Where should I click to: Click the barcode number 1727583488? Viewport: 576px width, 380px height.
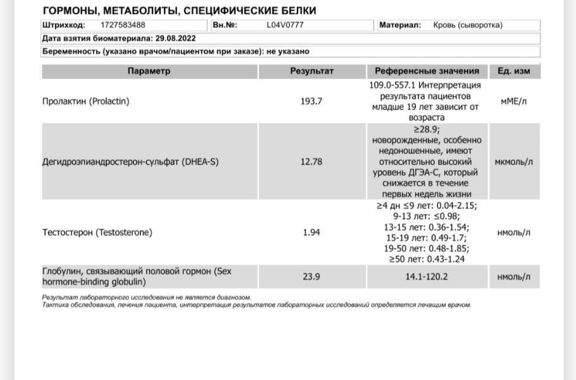click(x=123, y=25)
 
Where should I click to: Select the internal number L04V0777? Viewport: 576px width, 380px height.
click(x=285, y=25)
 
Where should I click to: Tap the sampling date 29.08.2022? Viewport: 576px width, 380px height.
click(x=175, y=38)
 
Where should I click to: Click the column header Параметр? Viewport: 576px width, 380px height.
click(x=149, y=71)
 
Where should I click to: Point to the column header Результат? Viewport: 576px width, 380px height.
click(x=311, y=71)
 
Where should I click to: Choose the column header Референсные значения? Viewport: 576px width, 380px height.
click(x=427, y=71)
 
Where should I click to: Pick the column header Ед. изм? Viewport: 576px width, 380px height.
click(x=513, y=71)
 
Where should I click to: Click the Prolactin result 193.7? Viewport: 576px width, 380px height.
click(x=311, y=101)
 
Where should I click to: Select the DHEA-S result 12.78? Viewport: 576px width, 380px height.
click(x=311, y=161)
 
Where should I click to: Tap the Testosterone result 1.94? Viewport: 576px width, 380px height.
click(x=311, y=232)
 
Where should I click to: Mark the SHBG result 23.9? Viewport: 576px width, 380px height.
click(x=311, y=277)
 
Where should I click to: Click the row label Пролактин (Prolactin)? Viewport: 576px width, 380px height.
click(x=85, y=101)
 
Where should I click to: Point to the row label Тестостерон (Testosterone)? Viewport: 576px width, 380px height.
click(x=97, y=232)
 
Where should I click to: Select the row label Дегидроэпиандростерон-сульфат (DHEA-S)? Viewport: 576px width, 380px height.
click(x=130, y=161)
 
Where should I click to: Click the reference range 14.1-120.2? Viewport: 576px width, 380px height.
click(x=427, y=277)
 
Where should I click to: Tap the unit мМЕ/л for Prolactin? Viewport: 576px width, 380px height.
click(x=513, y=101)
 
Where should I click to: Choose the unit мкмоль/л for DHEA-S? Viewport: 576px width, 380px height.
click(x=513, y=161)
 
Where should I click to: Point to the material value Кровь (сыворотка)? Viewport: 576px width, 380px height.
click(x=468, y=25)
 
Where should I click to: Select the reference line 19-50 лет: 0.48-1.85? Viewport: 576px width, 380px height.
click(x=427, y=248)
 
